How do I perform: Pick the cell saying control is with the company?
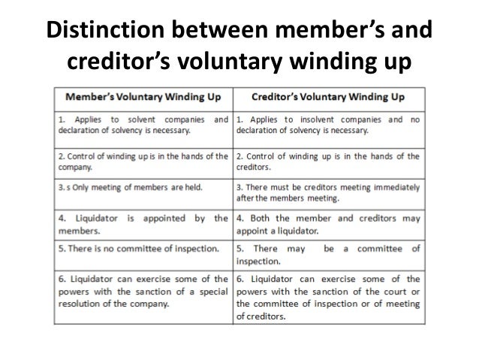click(143, 161)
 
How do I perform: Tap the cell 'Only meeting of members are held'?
click(143, 185)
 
